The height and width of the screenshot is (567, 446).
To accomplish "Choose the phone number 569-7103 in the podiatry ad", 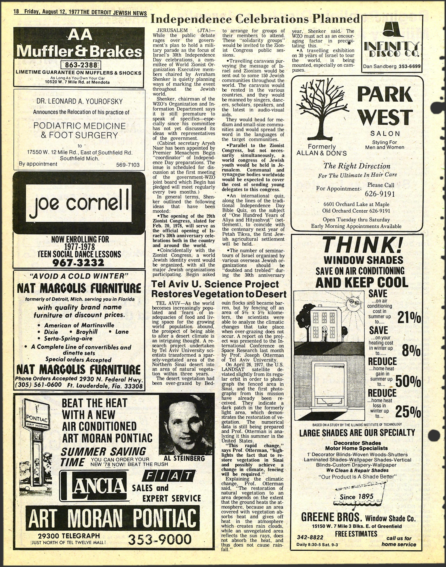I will tap(128, 165).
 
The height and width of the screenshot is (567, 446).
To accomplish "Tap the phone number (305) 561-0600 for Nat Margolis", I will tap(39, 385).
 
